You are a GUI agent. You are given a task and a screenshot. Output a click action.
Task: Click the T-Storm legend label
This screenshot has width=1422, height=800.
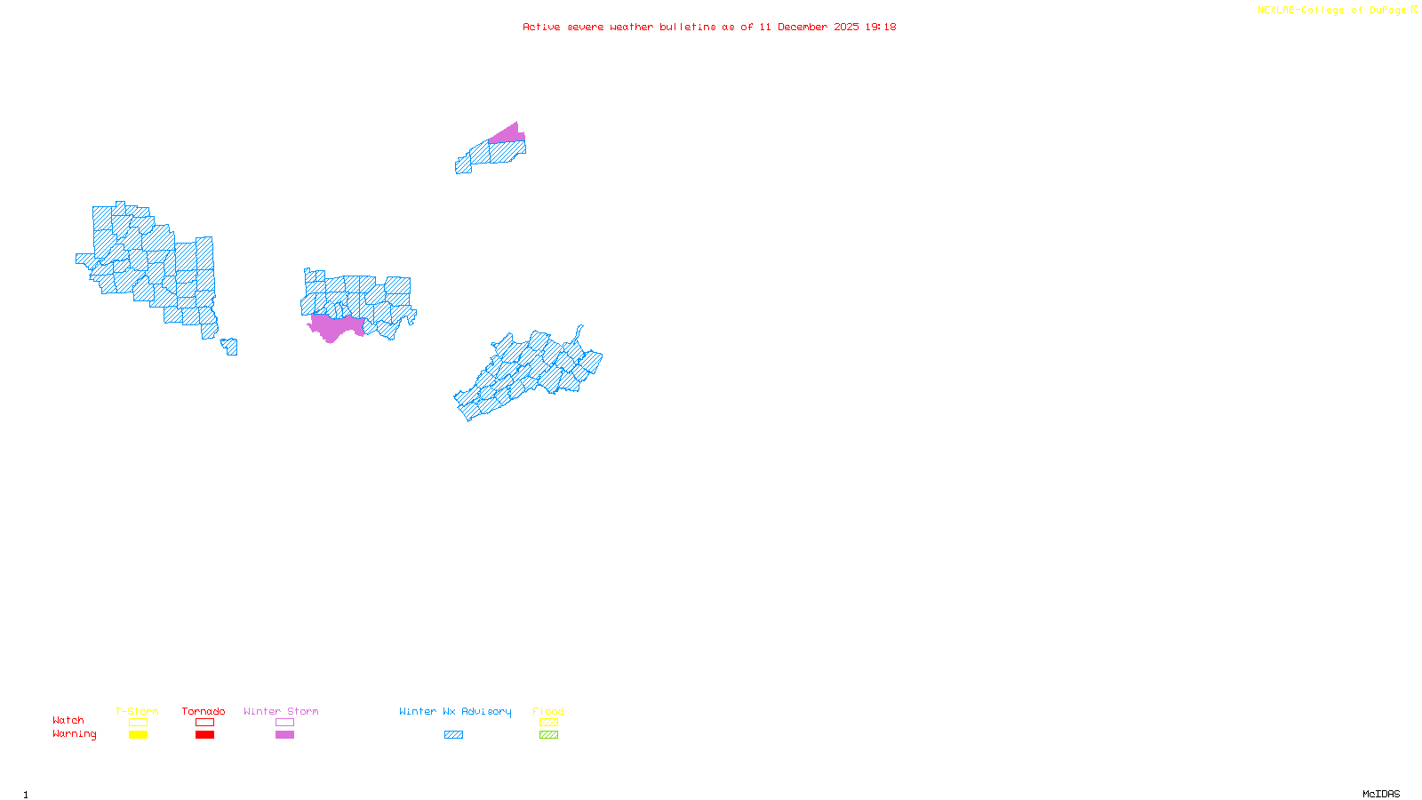pyautogui.click(x=136, y=711)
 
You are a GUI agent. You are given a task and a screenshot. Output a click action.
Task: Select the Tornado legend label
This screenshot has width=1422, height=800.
pyautogui.click(x=204, y=711)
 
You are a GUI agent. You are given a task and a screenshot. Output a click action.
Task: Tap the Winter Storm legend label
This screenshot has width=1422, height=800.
pyautogui.click(x=281, y=711)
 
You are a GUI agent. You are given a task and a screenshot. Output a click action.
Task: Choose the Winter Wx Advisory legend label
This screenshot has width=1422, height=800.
pyautogui.click(x=455, y=711)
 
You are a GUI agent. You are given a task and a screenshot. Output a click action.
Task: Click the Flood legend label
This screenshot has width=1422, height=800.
pyautogui.click(x=548, y=711)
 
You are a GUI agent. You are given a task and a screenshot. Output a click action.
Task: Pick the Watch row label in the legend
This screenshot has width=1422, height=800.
pyautogui.click(x=68, y=720)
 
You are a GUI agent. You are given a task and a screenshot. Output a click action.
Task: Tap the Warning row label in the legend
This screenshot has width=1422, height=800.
pyautogui.click(x=74, y=734)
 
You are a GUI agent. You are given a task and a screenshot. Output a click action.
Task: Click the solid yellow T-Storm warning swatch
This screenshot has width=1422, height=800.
pyautogui.click(x=138, y=735)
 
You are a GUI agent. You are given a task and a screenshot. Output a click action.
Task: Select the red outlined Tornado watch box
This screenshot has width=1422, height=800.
pyautogui.click(x=204, y=723)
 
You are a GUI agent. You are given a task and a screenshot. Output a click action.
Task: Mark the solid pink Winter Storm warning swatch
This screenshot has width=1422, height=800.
pyautogui.click(x=284, y=735)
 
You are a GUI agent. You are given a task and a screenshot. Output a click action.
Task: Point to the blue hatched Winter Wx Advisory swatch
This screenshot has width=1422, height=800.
pyautogui.click(x=453, y=735)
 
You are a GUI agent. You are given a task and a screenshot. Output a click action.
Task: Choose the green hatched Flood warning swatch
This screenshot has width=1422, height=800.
pyautogui.click(x=548, y=735)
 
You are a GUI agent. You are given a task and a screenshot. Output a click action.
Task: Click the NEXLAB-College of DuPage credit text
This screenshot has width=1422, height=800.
pyautogui.click(x=1332, y=11)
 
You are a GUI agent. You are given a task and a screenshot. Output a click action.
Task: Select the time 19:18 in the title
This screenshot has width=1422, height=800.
pyautogui.click(x=881, y=27)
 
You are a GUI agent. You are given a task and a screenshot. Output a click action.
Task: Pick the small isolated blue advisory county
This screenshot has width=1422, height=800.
pyautogui.click(x=230, y=346)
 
